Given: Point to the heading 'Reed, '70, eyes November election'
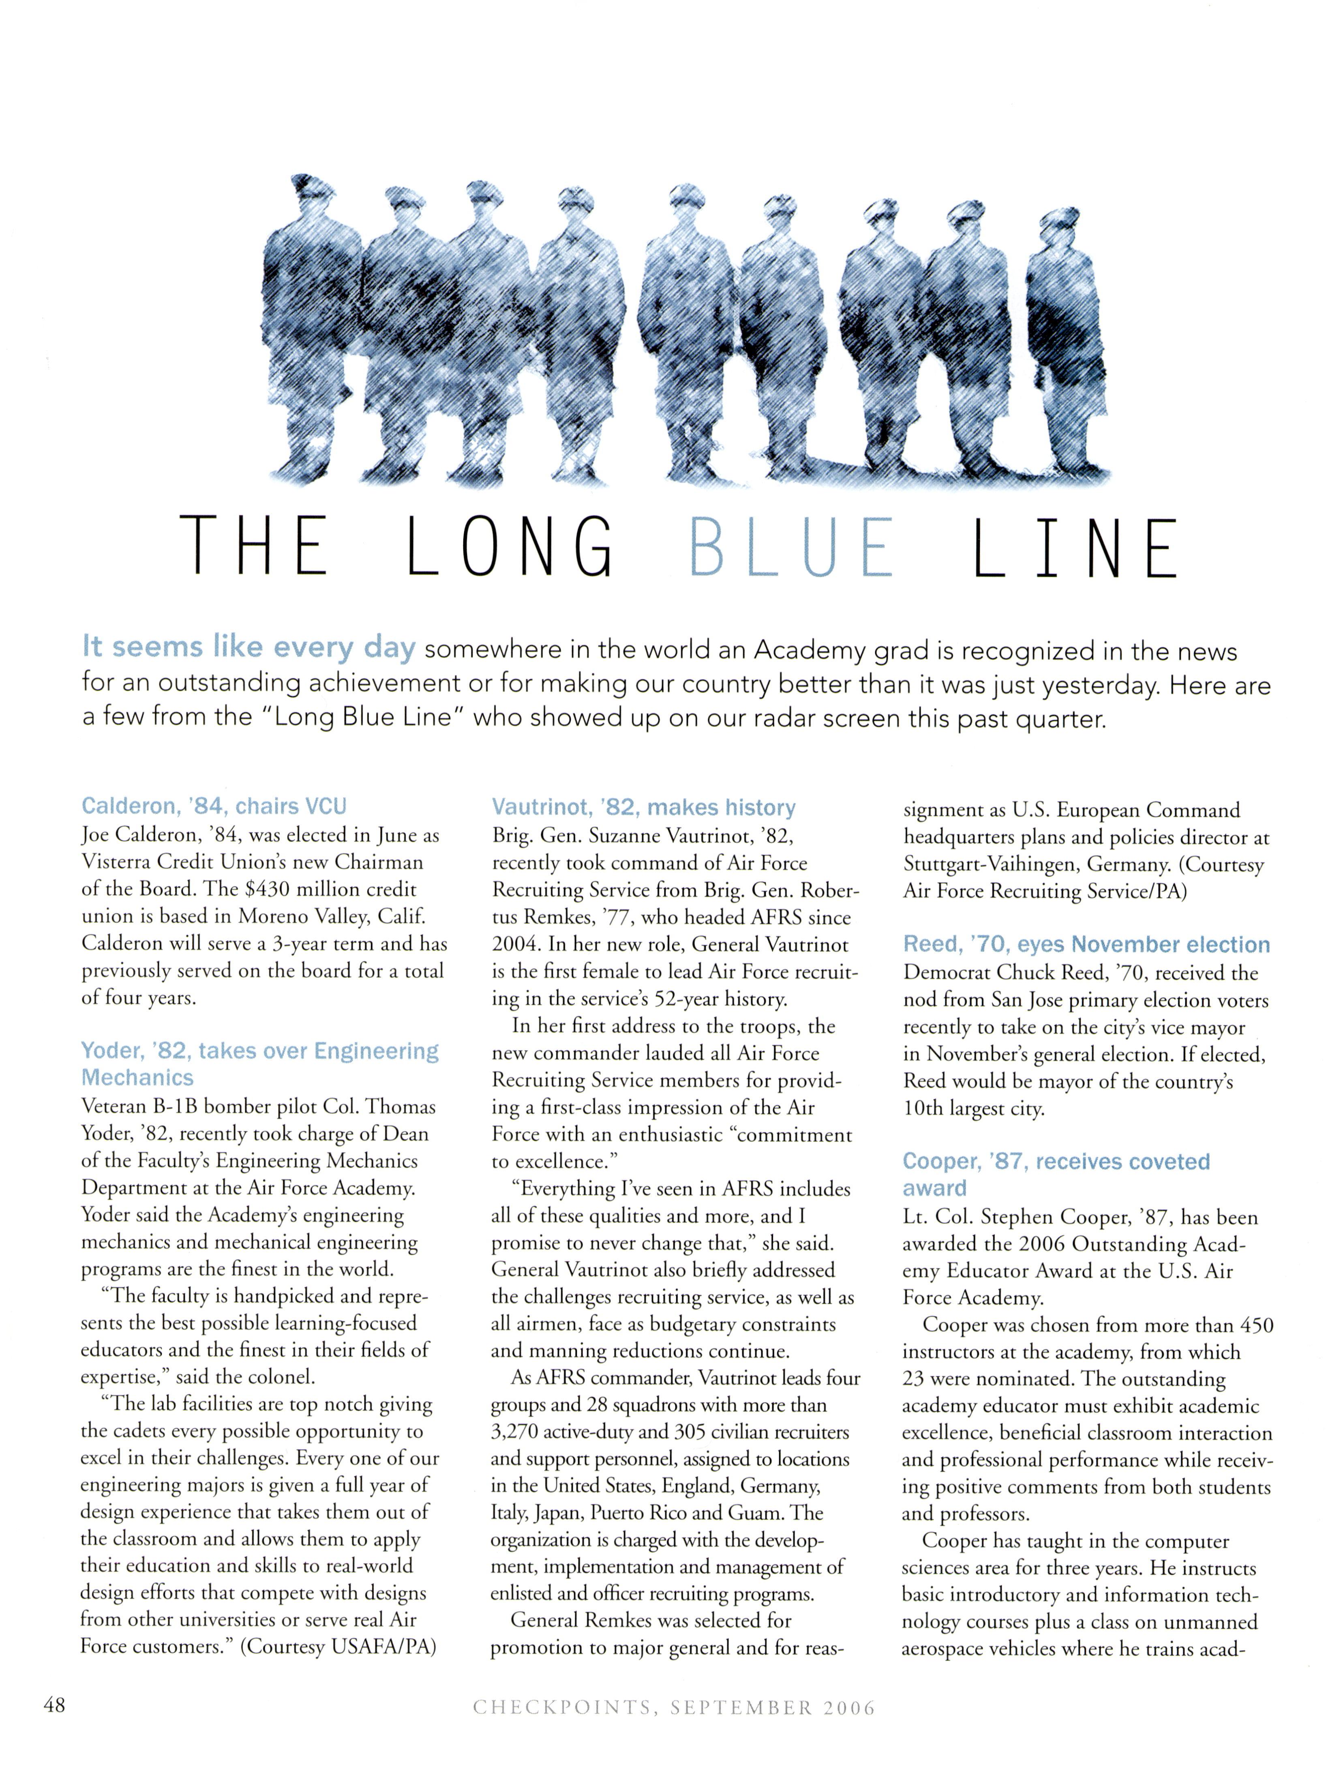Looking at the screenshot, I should (x=1086, y=945).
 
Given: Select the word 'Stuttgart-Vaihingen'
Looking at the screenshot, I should (x=1005, y=865).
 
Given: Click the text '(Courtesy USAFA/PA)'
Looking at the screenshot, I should (x=338, y=1647).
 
